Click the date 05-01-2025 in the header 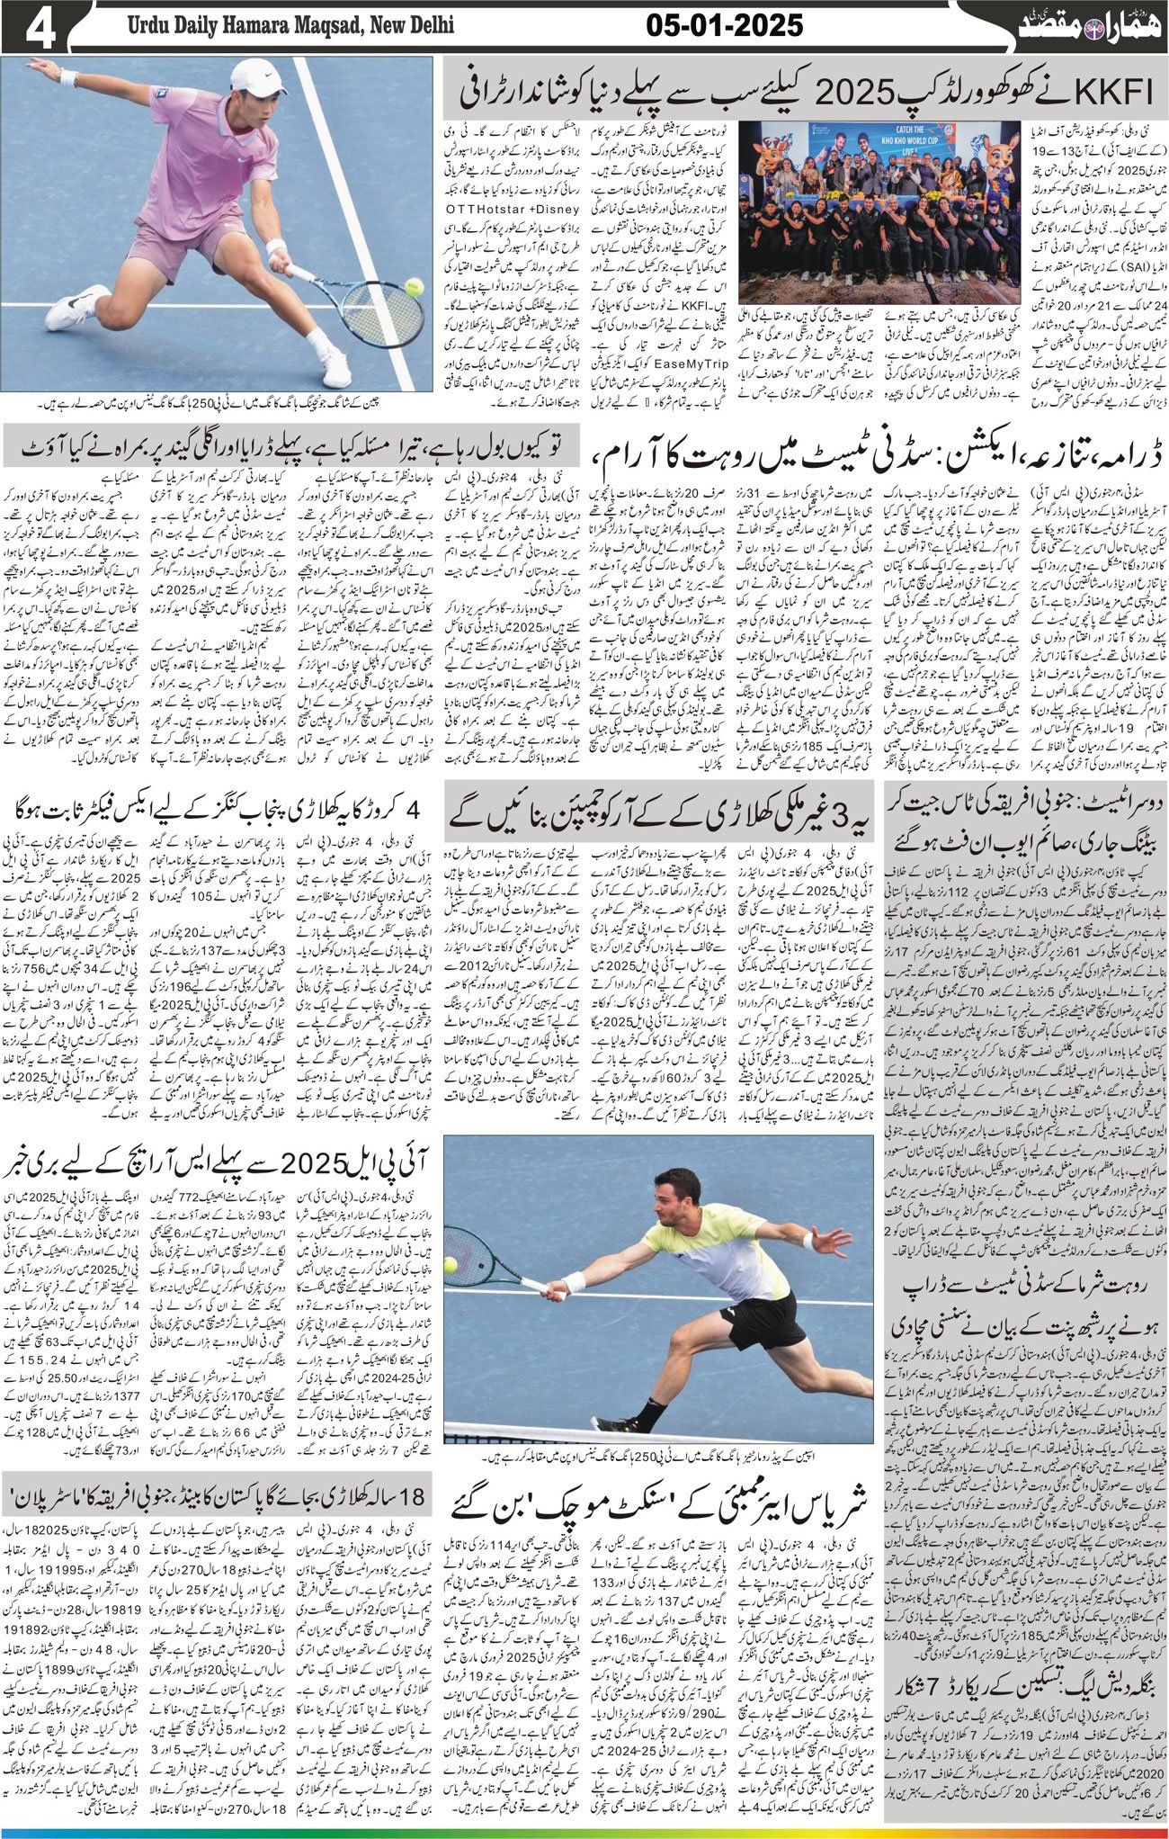click(725, 26)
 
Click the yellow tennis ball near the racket click(415, 287)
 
